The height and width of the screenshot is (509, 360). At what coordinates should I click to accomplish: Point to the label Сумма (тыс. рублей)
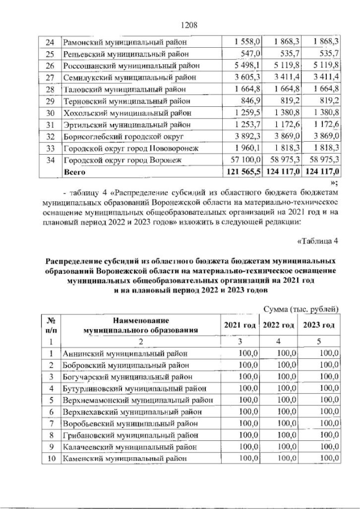pyautogui.click(x=301, y=309)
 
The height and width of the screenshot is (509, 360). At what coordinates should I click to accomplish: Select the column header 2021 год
pyautogui.click(x=240, y=326)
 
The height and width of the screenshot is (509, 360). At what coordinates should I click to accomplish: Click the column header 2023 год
pyautogui.click(x=319, y=326)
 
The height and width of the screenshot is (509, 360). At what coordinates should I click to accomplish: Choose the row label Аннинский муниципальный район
pyautogui.click(x=123, y=354)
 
